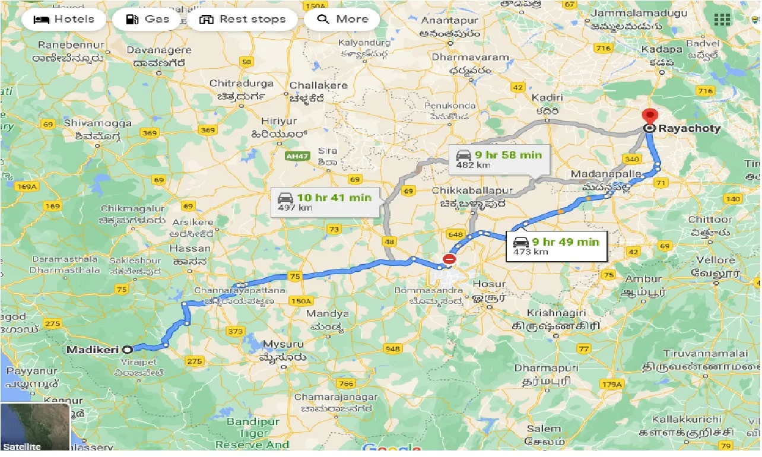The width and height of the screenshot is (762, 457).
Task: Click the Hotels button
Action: pyautogui.click(x=64, y=19)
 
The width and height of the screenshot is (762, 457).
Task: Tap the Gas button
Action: pyautogui.click(x=148, y=19)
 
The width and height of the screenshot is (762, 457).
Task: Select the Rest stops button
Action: pyautogui.click(x=243, y=19)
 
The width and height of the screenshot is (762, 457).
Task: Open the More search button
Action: pyautogui.click(x=342, y=19)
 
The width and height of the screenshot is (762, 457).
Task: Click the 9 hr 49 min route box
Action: pyautogui.click(x=556, y=246)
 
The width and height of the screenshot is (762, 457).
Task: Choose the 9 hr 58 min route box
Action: pyautogui.click(x=499, y=159)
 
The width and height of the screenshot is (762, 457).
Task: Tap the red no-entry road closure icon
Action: pyautogui.click(x=449, y=259)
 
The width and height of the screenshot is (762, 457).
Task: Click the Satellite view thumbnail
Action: pyautogui.click(x=35, y=427)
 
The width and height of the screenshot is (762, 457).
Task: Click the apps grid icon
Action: pyautogui.click(x=722, y=19)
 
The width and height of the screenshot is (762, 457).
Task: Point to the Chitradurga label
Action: pyautogui.click(x=242, y=84)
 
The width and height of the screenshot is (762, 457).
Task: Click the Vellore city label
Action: pyautogui.click(x=716, y=260)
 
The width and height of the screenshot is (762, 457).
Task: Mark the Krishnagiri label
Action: pyautogui.click(x=557, y=313)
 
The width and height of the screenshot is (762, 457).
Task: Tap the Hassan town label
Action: pyautogui.click(x=190, y=249)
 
